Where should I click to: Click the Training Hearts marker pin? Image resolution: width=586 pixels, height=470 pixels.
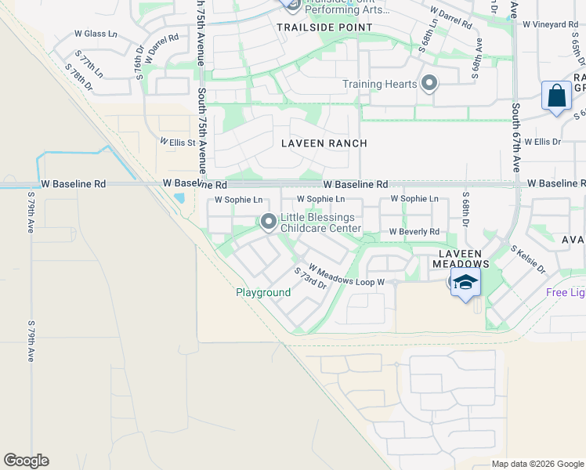(x=429, y=84)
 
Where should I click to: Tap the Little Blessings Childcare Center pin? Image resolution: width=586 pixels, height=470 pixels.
(x=268, y=222)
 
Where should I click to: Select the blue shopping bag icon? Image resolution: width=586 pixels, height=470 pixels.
(x=556, y=96)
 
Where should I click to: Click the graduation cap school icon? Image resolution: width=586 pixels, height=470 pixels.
(x=465, y=282)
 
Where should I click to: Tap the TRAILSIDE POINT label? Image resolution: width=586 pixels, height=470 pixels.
(x=313, y=27)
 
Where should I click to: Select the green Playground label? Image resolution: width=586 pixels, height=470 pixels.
(x=263, y=292)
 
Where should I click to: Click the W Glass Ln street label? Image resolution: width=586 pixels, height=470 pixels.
(x=95, y=34)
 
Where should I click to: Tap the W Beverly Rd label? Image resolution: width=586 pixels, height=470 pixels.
(x=414, y=232)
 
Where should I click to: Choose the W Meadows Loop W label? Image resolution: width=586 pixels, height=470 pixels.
(x=345, y=275)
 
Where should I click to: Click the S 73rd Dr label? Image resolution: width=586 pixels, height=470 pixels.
(x=310, y=278)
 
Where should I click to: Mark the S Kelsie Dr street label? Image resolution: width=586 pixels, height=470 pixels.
(x=529, y=259)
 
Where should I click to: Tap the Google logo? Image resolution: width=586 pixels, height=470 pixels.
(x=26, y=461)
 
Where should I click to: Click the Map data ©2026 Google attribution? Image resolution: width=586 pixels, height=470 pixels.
(x=537, y=464)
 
